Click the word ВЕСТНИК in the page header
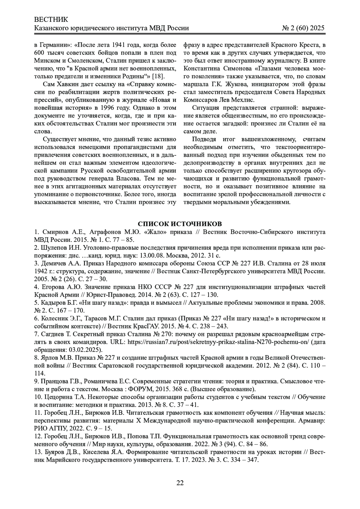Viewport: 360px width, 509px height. coord(51,20)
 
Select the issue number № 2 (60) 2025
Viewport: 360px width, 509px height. coord(303,28)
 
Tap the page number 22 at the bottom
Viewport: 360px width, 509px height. coord(180,483)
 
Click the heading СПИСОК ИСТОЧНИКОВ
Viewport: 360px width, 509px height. coord(180,224)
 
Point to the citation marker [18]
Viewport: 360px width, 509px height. coord(161,76)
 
